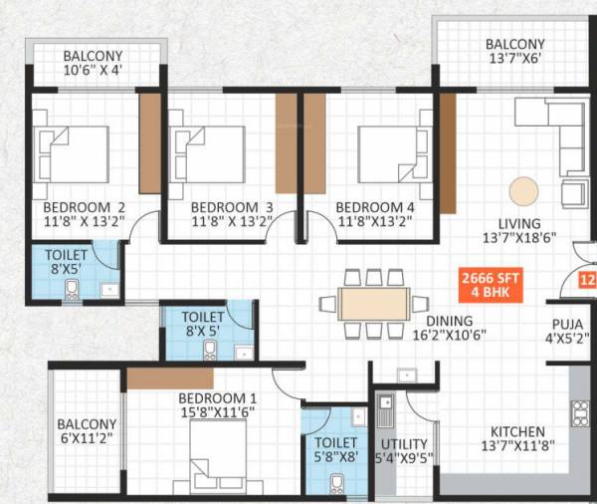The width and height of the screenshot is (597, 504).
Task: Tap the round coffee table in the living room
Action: point(522,189)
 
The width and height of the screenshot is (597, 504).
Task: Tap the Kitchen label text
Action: point(516,431)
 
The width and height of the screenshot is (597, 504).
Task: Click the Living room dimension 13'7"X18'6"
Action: point(519,239)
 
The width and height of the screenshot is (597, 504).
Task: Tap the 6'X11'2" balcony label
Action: point(87,432)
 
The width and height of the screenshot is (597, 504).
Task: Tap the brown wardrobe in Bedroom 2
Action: point(150,139)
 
